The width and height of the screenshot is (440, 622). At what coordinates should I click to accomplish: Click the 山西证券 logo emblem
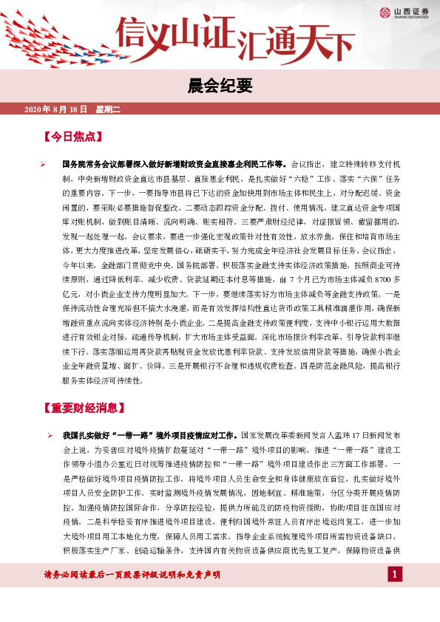click(x=385, y=13)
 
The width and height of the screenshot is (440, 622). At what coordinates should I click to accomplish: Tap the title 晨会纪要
click(x=220, y=84)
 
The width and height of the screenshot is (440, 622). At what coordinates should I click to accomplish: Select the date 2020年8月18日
click(x=56, y=109)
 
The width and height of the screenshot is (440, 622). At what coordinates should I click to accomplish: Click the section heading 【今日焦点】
click(x=72, y=137)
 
